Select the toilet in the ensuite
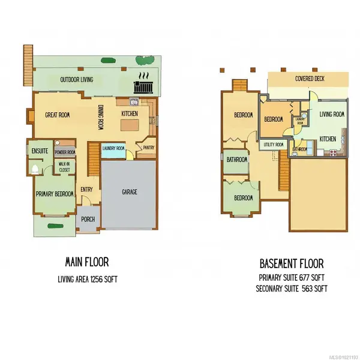click(35, 169)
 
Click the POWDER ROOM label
click(64, 152)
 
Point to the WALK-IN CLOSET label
click(64, 167)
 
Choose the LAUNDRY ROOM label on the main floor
click(113, 148)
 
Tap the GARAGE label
click(130, 192)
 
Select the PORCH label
click(88, 218)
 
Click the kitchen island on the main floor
click(131, 125)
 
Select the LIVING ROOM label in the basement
click(331, 114)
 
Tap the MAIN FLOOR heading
click(86, 262)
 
